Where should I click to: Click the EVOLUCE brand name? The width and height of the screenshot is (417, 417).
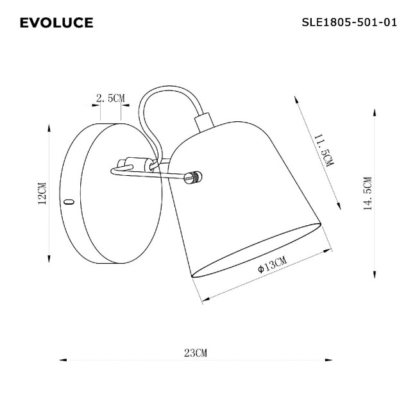[56, 23]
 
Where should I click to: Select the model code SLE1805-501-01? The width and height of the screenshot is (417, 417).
[349, 22]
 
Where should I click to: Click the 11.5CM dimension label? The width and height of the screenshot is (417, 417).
[323, 151]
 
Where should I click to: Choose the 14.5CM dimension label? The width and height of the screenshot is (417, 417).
[367, 193]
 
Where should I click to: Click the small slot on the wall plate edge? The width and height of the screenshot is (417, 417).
[69, 201]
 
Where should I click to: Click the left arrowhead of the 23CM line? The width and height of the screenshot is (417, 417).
[61, 361]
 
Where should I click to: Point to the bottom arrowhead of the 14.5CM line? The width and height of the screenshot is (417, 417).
[374, 275]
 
